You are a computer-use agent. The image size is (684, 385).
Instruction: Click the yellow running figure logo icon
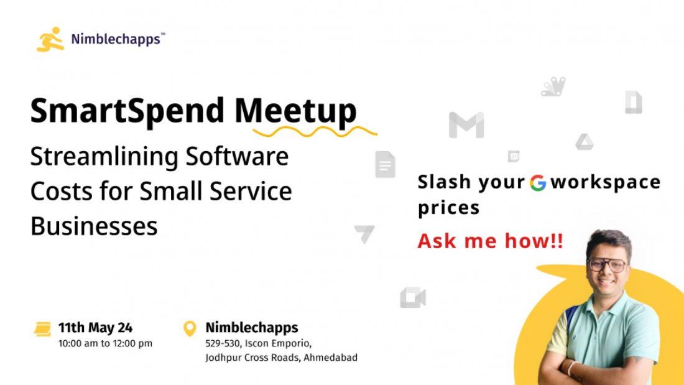(x=50, y=39)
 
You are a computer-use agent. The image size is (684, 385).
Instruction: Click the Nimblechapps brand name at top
(x=117, y=40)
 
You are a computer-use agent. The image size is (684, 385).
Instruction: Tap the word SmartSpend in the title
(x=127, y=111)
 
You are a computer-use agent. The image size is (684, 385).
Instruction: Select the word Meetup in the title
(x=295, y=111)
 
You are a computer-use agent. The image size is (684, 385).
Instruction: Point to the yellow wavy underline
(x=315, y=131)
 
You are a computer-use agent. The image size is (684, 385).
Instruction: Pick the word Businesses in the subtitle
(x=94, y=226)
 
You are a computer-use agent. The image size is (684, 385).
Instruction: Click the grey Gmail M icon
(x=466, y=126)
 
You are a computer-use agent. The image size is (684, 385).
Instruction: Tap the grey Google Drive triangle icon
(x=584, y=142)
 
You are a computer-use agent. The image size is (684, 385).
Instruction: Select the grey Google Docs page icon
(x=385, y=165)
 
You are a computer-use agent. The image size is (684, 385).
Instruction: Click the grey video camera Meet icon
(x=412, y=298)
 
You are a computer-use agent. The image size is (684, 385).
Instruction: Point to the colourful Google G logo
(x=538, y=182)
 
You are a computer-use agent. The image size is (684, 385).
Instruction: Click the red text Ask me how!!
(x=490, y=241)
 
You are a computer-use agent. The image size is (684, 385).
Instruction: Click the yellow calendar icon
(x=42, y=329)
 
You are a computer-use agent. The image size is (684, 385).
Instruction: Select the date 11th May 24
(x=95, y=328)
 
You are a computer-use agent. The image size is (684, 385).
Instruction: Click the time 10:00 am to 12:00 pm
(x=105, y=343)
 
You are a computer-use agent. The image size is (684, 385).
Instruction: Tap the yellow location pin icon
(x=190, y=328)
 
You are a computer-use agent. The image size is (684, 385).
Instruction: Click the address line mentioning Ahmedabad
(x=281, y=358)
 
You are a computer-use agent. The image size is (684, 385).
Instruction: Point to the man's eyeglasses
(x=606, y=264)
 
